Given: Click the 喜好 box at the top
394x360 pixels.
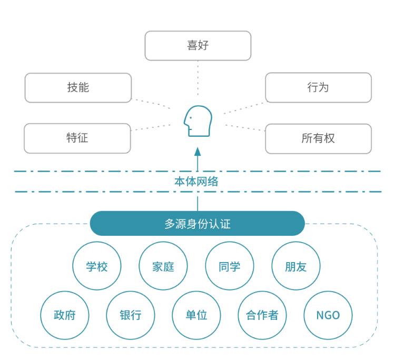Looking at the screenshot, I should click(x=198, y=46).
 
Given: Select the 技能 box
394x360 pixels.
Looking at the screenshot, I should click(x=78, y=88).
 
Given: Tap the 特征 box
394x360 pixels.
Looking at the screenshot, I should click(x=77, y=138).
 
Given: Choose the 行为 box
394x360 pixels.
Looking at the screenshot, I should click(x=318, y=87).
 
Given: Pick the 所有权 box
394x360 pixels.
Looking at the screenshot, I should click(x=318, y=138).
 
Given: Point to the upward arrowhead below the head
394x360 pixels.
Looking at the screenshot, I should click(x=198, y=152).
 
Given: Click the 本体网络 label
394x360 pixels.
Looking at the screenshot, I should click(x=196, y=182).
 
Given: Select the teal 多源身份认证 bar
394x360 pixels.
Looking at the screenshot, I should click(x=198, y=224).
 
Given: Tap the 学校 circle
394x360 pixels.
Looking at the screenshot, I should click(x=97, y=266).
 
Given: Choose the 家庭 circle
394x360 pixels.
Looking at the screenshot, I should click(x=163, y=266).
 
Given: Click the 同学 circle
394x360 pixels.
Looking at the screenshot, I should click(x=229, y=266).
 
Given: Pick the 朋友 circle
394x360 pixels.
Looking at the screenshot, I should click(x=295, y=266).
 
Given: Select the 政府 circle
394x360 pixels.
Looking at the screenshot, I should click(x=65, y=315).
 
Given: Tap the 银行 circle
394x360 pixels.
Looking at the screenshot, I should click(x=131, y=315).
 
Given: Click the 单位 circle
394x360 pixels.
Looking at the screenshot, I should click(x=196, y=315).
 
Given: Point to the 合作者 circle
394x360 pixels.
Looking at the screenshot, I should click(x=262, y=315).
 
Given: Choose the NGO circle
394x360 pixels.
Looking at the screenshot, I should click(x=328, y=315).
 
